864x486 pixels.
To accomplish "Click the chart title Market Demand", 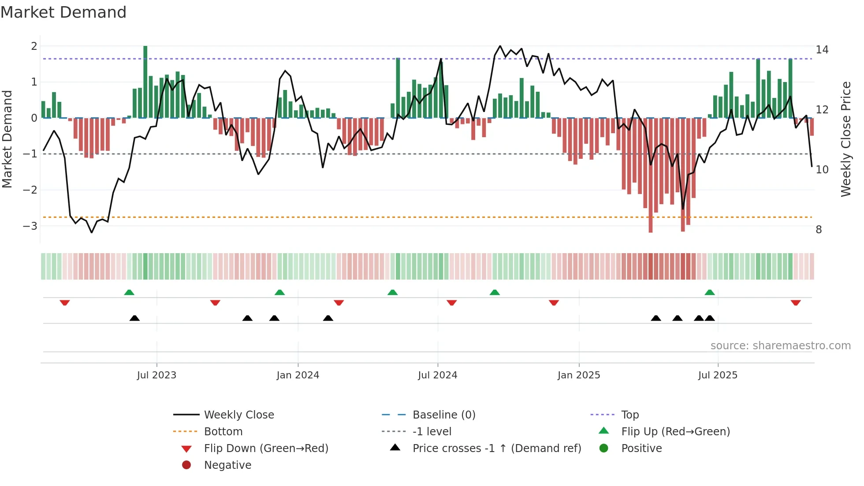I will coord(63,12).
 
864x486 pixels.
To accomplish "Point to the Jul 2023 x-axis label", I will coord(156,375).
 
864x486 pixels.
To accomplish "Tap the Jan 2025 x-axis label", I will coord(578,375).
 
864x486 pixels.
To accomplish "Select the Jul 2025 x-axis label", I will coord(718,375).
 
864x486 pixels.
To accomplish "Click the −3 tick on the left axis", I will coord(30,226).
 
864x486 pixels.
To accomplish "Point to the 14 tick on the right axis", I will coord(822,50).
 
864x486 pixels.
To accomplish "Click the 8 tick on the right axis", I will coord(819,230).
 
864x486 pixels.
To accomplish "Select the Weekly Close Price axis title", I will coord(845,139).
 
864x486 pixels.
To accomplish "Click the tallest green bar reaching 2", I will coord(145,82).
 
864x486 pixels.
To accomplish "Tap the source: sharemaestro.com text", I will coord(780,346).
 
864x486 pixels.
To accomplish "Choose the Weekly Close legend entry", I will coord(238,415).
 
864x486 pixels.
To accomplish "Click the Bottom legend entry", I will coord(223,432).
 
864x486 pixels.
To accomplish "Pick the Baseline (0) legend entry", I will coord(443,415).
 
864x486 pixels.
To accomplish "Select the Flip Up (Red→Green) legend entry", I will coord(675,432).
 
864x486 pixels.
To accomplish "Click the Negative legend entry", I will coord(227,465).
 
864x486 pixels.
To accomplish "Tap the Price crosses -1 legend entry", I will coord(496,449).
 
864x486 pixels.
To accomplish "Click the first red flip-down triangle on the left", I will coord(65,303).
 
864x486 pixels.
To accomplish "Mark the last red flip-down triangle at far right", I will coord(796,303).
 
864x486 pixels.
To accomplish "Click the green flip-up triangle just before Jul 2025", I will coord(710,292).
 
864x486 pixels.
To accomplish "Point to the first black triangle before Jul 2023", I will coord(134,318).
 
